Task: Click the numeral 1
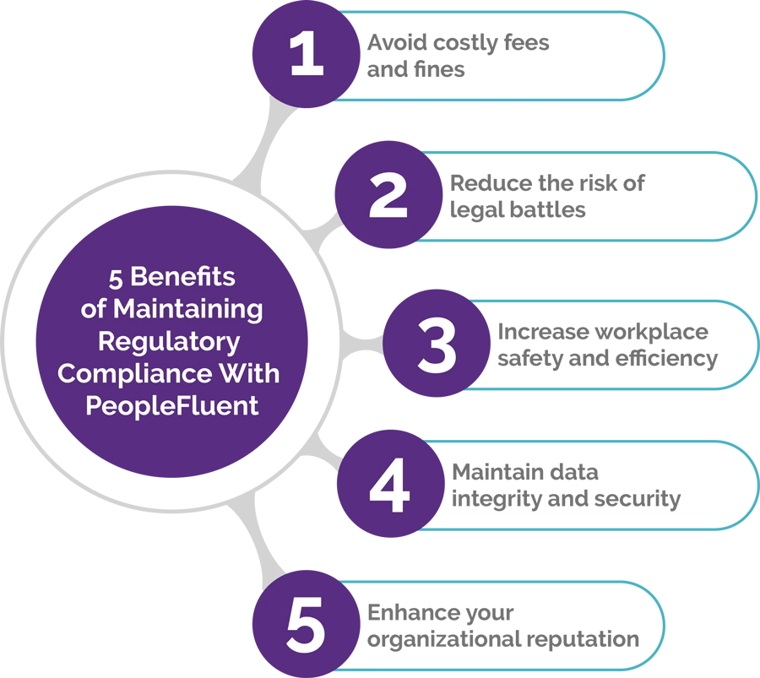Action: pyautogui.click(x=306, y=57)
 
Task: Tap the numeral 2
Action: pyautogui.click(x=388, y=196)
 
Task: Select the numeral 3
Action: pyautogui.click(x=437, y=345)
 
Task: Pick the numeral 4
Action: pyautogui.click(x=390, y=487)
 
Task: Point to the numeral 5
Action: pyautogui.click(x=306, y=626)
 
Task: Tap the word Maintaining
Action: pyautogui.click(x=188, y=309)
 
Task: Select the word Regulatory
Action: pyautogui.click(x=169, y=341)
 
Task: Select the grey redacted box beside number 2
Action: pyautogui.click(x=596, y=196)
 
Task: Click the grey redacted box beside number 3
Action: pyautogui.click(x=621, y=344)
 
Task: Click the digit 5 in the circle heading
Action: pyautogui.click(x=114, y=277)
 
